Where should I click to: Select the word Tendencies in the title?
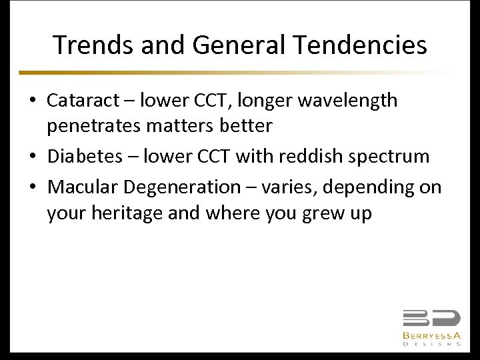coord(361,45)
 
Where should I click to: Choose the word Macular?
coord(83,187)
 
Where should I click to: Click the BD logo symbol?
coord(431,318)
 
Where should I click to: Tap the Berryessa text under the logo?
coord(431,335)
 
